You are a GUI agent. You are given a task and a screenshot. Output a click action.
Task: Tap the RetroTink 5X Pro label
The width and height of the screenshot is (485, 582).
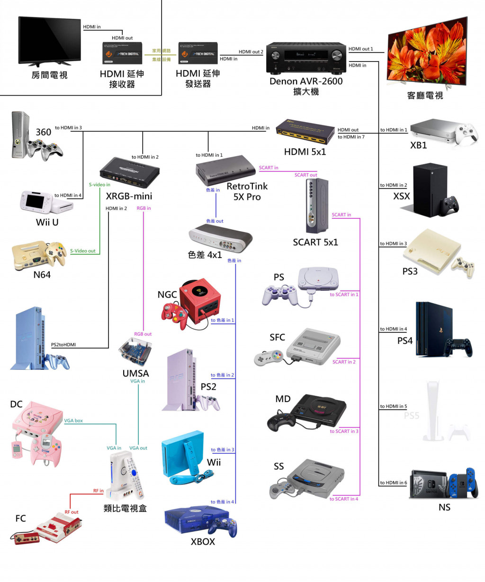(x=247, y=191)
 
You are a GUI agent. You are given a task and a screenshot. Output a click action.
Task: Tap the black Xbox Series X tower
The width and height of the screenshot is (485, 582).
(x=430, y=189)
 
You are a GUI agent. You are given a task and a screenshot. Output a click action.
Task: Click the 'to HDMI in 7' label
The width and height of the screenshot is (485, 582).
(x=351, y=137)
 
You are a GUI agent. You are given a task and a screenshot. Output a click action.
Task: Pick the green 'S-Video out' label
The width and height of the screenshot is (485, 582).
(x=82, y=251)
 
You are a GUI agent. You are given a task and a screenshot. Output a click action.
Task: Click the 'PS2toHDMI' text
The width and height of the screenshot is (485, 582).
(x=63, y=345)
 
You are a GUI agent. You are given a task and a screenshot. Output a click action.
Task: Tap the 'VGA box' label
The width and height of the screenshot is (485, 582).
(x=73, y=421)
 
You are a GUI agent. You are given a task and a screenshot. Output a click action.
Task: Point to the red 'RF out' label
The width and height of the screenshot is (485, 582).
(x=72, y=512)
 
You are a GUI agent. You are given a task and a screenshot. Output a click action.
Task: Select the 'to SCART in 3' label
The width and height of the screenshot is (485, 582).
(x=344, y=431)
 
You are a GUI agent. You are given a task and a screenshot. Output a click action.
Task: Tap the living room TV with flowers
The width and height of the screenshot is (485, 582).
(x=427, y=52)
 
